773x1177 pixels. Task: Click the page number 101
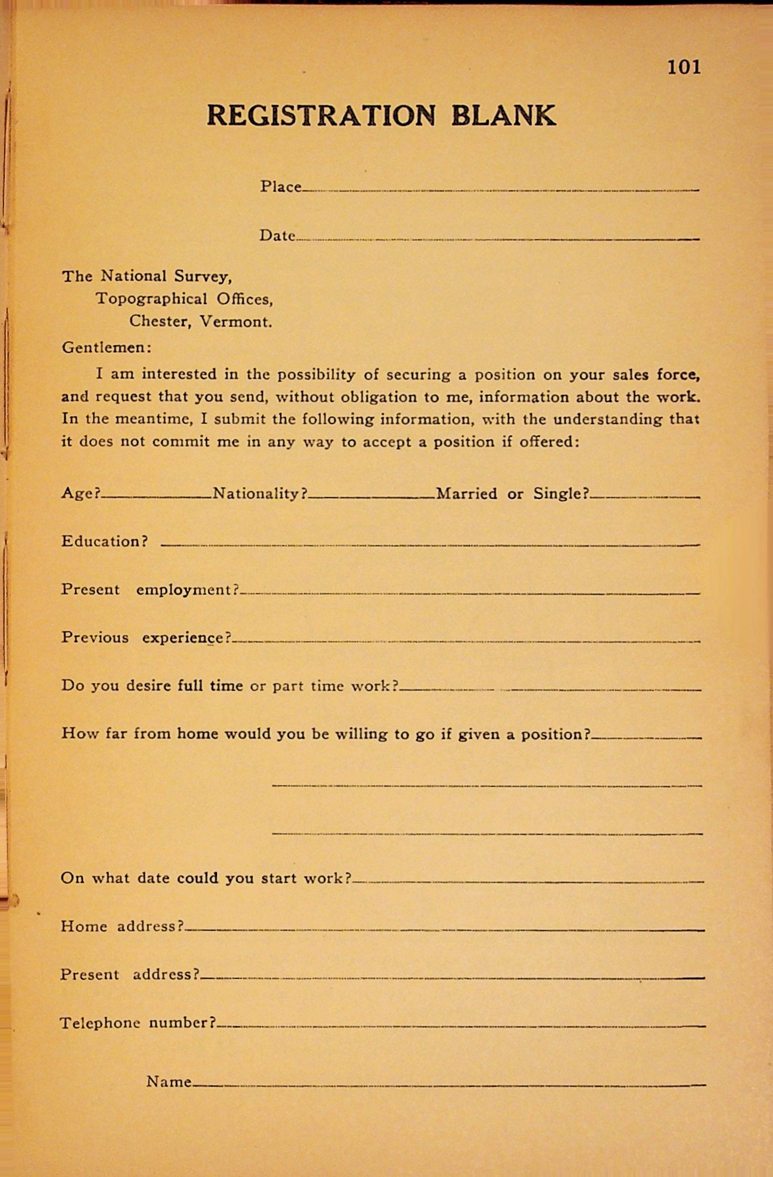coord(684,67)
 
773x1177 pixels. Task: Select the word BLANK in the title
coord(503,116)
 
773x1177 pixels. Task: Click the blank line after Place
coord(500,190)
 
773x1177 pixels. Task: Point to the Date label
coord(277,236)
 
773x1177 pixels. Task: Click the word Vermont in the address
coord(235,322)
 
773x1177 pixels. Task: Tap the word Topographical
coord(151,299)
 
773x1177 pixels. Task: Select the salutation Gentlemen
coord(106,347)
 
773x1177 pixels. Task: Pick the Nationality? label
coord(260,493)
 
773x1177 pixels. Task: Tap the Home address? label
coord(122,926)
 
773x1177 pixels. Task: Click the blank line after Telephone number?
coord(460,1026)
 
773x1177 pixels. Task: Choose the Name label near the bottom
coord(168,1082)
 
